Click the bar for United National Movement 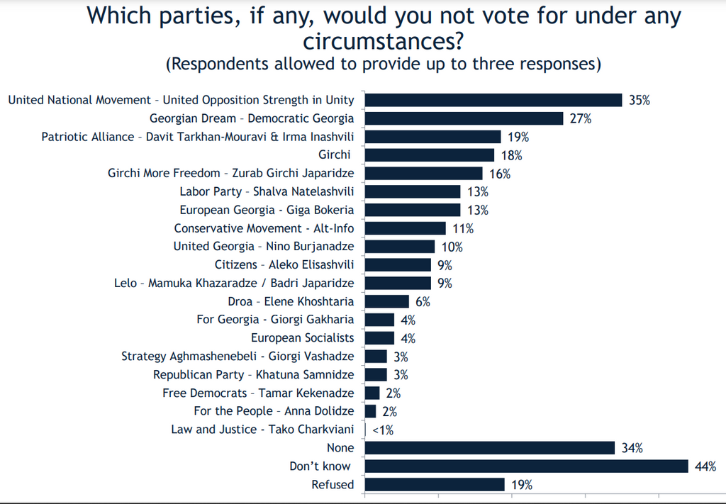[x=493, y=100]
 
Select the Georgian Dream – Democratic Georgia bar [x=464, y=118]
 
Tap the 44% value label [x=706, y=466]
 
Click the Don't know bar [x=526, y=466]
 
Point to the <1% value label [x=383, y=430]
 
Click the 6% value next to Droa [x=423, y=301]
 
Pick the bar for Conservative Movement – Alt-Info [x=405, y=228]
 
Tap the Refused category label [x=333, y=485]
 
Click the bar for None [x=489, y=448]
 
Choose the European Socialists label [x=303, y=338]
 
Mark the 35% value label [x=640, y=100]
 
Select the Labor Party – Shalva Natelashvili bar [x=412, y=191]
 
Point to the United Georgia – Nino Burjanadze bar [x=399, y=247]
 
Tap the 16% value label [x=500, y=174]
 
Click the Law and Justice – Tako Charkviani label [x=262, y=430]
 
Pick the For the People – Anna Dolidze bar [x=370, y=411]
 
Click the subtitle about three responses [x=384, y=64]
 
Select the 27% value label [x=581, y=118]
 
